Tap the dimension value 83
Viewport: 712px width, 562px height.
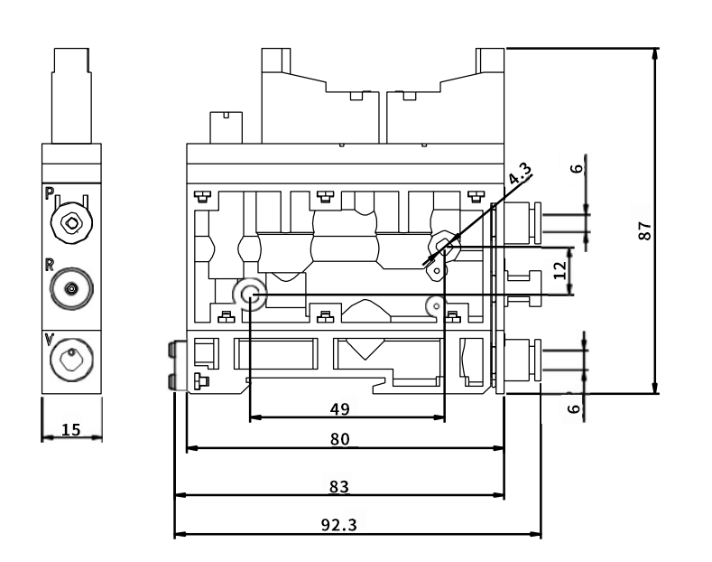[338, 486]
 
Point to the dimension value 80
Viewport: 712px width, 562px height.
[339, 439]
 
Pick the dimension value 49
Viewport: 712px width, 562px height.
[339, 408]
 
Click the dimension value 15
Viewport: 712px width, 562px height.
[70, 429]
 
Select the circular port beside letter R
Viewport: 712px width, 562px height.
[70, 289]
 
